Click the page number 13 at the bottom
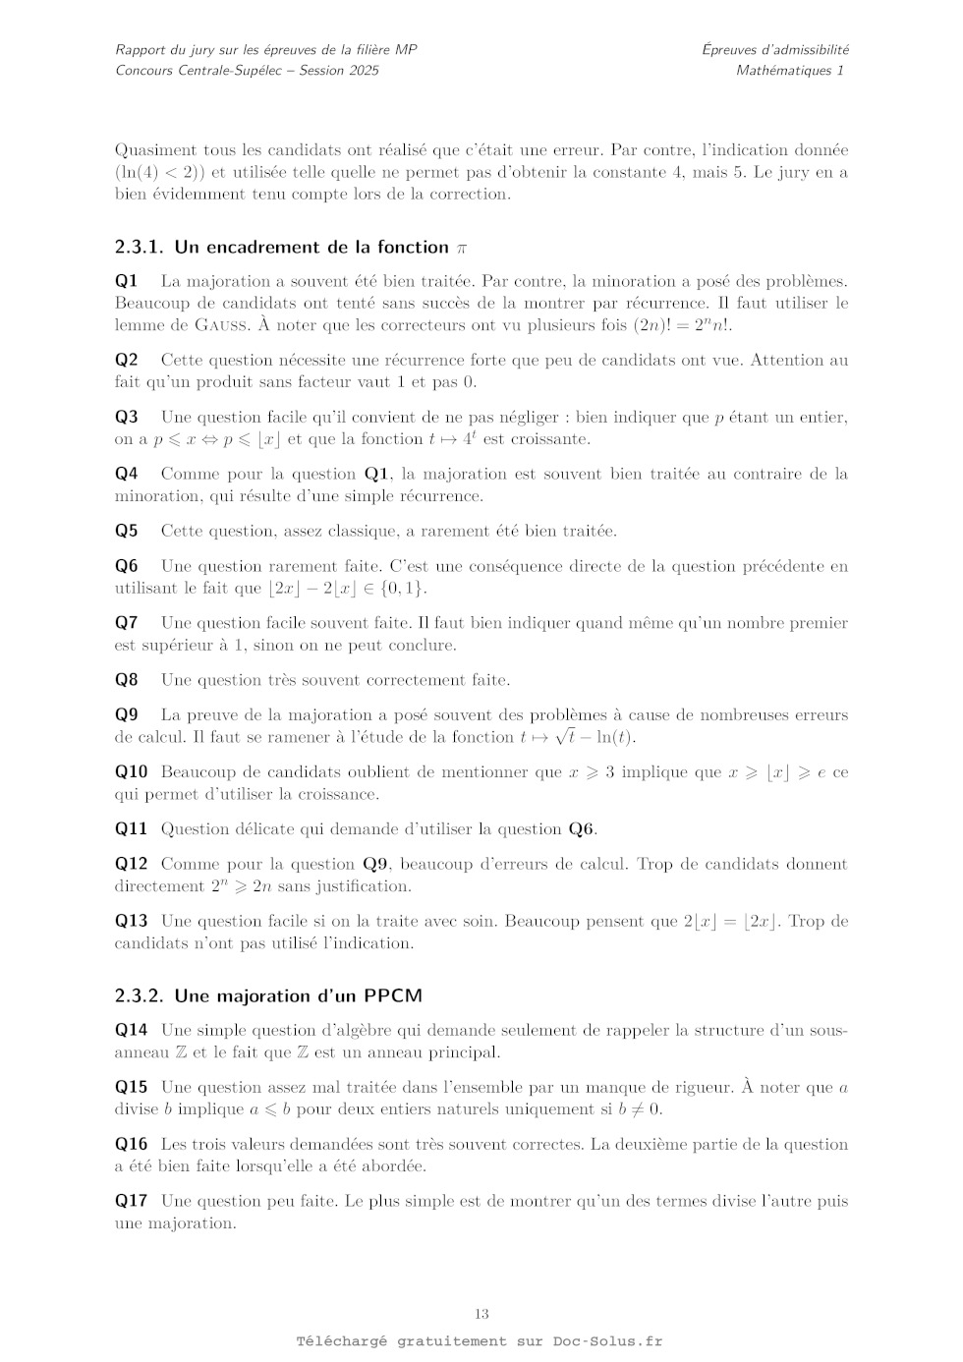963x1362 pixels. tap(481, 1314)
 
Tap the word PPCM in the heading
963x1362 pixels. tap(393, 996)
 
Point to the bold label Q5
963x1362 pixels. tap(127, 532)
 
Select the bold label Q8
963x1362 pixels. tap(127, 680)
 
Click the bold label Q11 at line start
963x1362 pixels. tap(131, 829)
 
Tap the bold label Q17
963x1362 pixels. tap(131, 1201)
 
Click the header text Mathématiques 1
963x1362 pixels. tap(789, 71)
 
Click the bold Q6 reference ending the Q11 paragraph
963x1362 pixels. tap(581, 829)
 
